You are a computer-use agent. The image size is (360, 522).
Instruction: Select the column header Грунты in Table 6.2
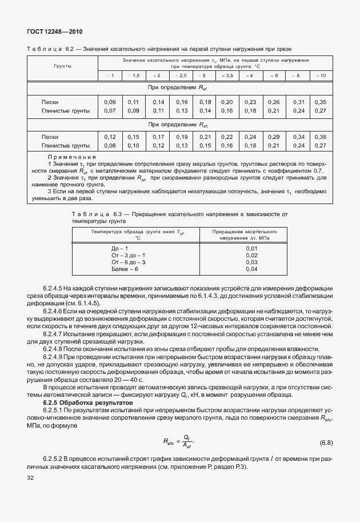click(x=62, y=66)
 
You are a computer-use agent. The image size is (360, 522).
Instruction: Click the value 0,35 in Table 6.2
click(x=321, y=102)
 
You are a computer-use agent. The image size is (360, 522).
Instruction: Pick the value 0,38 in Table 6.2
click(x=321, y=137)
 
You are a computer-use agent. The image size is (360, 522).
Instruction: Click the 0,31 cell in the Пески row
click(x=299, y=102)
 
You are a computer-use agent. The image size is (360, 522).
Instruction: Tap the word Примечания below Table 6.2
click(x=71, y=157)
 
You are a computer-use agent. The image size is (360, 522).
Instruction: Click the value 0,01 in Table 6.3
click(x=251, y=248)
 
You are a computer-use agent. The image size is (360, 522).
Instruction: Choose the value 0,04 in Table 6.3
click(x=251, y=269)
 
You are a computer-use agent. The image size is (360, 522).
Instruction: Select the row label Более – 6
click(x=125, y=269)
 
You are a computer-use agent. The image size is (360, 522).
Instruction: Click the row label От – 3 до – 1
click(x=129, y=255)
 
